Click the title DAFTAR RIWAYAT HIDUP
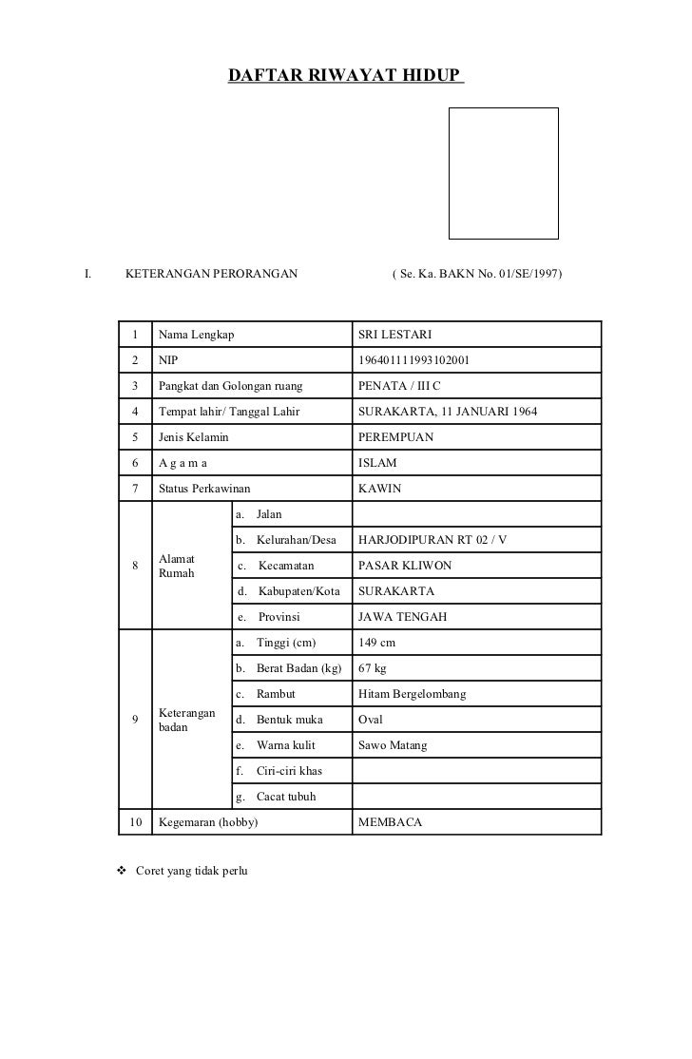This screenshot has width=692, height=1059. [344, 74]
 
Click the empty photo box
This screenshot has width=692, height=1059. [503, 172]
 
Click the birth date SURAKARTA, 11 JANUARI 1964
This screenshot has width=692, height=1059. [447, 412]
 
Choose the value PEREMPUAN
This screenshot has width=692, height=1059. [394, 437]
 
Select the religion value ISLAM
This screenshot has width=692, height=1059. [376, 463]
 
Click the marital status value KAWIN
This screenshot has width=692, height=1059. [378, 489]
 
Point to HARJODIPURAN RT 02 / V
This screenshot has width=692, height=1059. [432, 540]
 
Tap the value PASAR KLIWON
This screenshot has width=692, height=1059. [404, 566]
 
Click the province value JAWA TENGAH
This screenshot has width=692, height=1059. [401, 617]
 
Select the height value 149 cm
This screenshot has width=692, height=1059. [375, 643]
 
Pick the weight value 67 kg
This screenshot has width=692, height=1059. [372, 668]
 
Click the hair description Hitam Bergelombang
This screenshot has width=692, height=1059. [412, 694]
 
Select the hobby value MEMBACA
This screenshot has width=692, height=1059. [389, 822]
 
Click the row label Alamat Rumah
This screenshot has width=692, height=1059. [177, 566]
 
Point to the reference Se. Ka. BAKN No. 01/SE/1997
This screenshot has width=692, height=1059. [476, 275]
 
